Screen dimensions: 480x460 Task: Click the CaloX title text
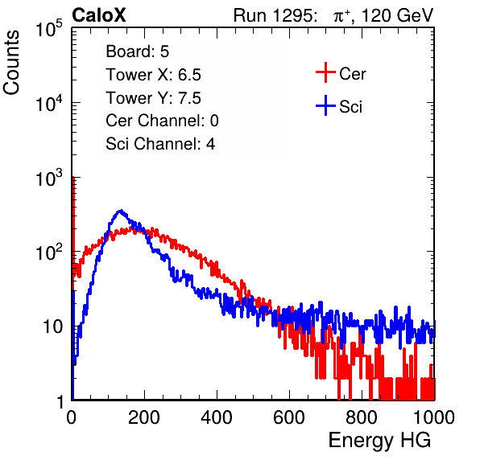(99, 15)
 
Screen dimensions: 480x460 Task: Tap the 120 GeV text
(397, 15)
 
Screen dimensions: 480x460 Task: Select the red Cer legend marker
(325, 72)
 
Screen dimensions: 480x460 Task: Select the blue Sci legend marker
(325, 105)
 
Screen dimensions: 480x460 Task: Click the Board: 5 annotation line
(138, 51)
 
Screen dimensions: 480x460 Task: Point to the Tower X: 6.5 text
(153, 75)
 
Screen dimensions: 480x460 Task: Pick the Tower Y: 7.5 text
(153, 98)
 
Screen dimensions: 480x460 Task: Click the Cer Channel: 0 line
(162, 121)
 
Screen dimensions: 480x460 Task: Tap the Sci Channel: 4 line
(160, 144)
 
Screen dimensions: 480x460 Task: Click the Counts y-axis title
(11, 63)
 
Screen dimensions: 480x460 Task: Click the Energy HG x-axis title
(379, 441)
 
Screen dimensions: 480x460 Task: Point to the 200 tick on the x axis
(144, 417)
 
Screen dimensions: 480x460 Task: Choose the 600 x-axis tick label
(289, 417)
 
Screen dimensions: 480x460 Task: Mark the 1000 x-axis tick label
(434, 417)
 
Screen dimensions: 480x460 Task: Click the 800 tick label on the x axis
(362, 417)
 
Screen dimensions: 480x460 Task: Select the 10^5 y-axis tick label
(49, 28)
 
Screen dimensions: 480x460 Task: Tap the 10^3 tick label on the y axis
(49, 177)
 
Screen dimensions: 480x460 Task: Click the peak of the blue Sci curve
(121, 211)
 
